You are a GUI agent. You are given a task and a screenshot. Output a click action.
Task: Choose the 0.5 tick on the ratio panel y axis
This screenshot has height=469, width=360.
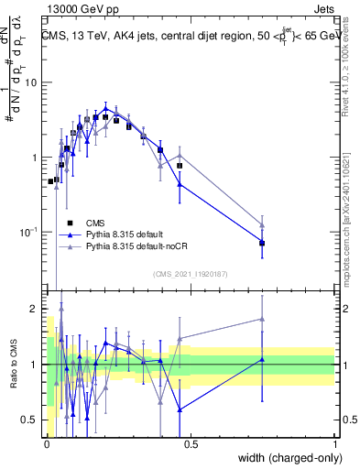(31, 420)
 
